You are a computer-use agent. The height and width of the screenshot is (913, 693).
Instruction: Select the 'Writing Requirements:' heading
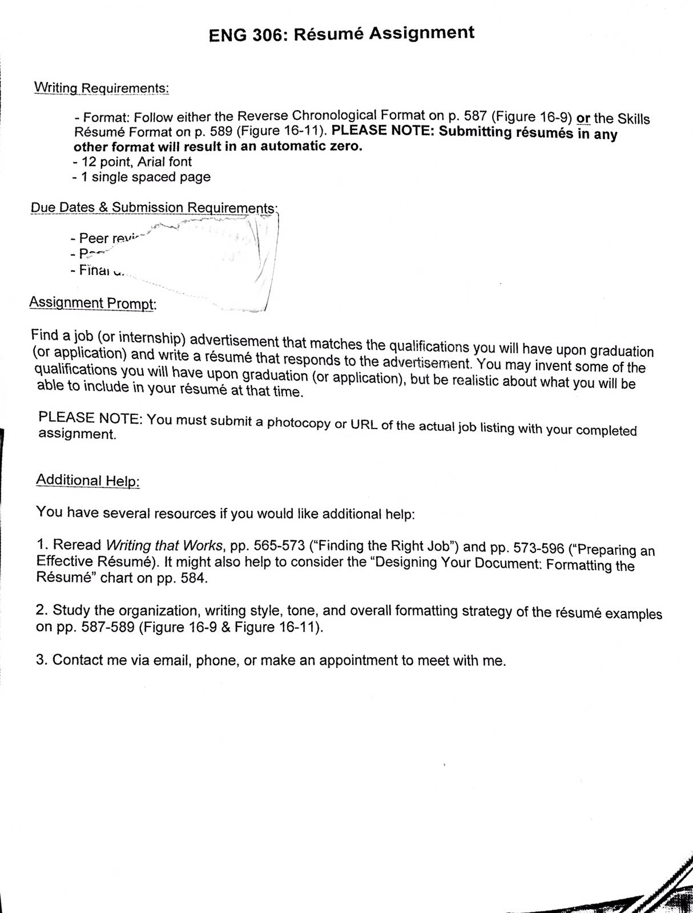tap(102, 88)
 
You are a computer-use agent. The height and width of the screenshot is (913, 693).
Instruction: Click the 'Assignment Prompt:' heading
tap(92, 303)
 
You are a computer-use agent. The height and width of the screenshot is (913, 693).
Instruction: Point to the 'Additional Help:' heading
tap(88, 480)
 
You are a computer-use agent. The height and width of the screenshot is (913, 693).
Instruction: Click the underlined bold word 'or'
tap(583, 119)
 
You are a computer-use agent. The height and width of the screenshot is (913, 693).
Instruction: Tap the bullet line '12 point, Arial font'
tap(135, 161)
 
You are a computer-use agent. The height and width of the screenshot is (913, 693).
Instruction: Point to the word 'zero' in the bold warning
tap(344, 146)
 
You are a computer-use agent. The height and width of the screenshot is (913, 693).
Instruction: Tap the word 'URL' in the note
tap(363, 426)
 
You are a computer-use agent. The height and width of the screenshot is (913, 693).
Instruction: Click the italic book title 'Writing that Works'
tap(164, 546)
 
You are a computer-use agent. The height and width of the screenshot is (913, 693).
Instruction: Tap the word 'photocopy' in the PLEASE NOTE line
tap(299, 423)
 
